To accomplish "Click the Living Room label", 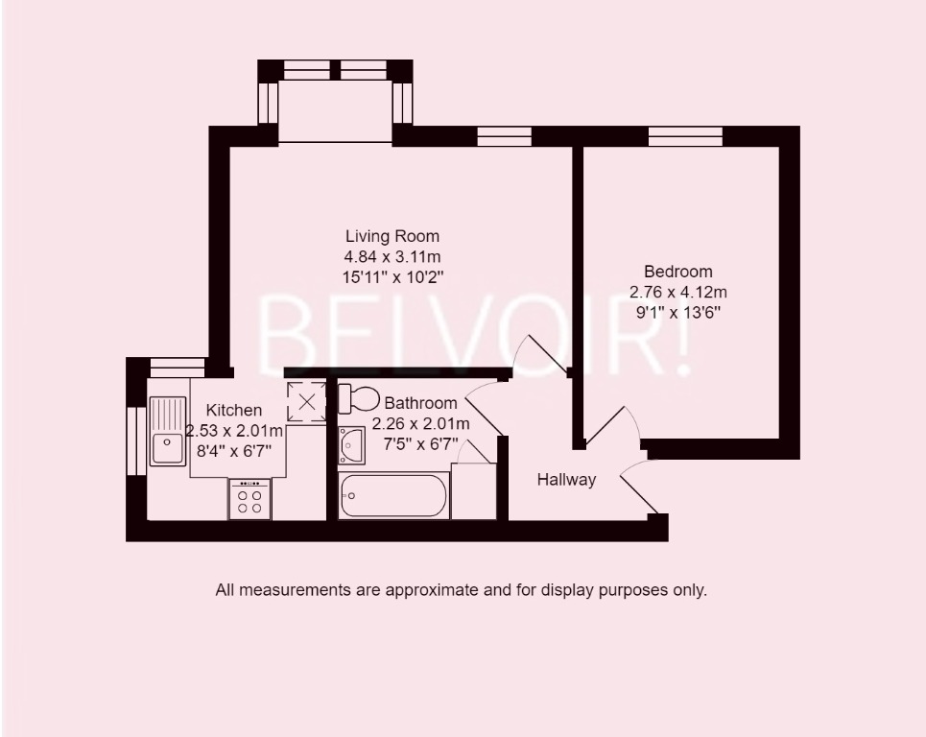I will (x=392, y=236).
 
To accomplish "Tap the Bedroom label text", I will (x=677, y=272).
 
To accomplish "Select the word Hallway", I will (x=566, y=480).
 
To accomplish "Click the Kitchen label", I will (x=234, y=411).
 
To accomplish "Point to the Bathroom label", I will (x=420, y=403).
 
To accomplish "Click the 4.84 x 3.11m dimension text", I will (x=392, y=256).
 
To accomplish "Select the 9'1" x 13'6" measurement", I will (x=677, y=312).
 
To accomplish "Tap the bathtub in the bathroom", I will (x=393, y=495).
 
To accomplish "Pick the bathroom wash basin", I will (x=351, y=445).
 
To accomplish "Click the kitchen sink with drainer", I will (x=167, y=432).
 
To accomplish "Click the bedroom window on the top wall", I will (x=685, y=137).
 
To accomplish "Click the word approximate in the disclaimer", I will (x=430, y=590).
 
